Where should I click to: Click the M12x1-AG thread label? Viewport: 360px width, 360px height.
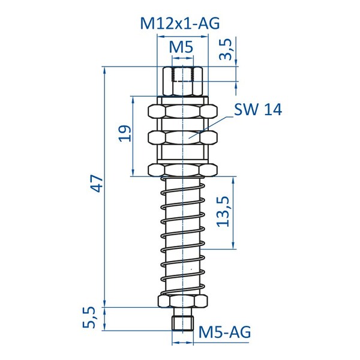(x=180, y=23)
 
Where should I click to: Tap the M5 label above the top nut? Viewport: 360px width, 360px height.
(x=181, y=47)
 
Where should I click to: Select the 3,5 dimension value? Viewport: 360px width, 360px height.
(x=226, y=49)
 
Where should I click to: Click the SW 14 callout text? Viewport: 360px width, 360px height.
(x=258, y=109)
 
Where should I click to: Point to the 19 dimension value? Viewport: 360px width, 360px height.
(x=125, y=133)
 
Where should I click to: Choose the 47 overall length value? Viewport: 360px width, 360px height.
(x=96, y=183)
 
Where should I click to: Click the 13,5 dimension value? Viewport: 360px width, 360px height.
(x=223, y=212)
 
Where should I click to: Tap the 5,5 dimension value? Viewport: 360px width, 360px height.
(x=89, y=317)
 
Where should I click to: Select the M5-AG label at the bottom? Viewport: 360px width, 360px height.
(x=224, y=332)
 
